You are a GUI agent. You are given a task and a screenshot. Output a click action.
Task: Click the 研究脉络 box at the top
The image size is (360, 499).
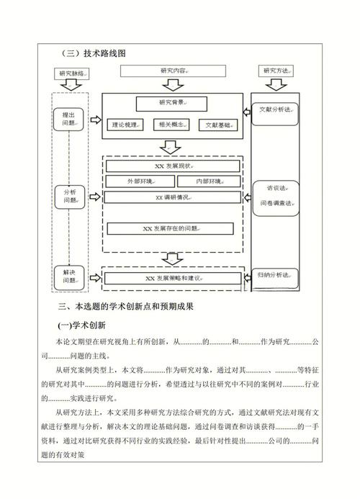(75, 73)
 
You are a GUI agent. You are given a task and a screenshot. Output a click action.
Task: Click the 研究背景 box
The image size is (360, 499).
(171, 103)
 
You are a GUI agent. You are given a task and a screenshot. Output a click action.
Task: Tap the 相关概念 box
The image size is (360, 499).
(171, 125)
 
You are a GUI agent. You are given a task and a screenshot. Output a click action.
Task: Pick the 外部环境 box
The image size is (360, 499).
(138, 181)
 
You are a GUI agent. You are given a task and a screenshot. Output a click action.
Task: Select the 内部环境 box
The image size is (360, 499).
(204, 181)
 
